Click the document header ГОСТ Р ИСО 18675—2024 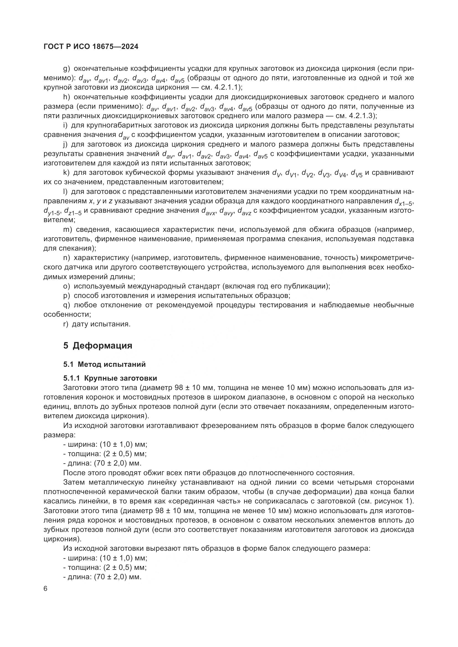pyautogui.click(x=91, y=47)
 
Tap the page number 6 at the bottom pyautogui.click(x=46, y=589)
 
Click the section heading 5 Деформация pyautogui.click(x=97, y=345)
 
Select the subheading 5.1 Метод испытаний pyautogui.click(x=104, y=364)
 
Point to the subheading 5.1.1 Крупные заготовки pyautogui.click(x=110, y=378)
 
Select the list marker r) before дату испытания pyautogui.click(x=66, y=324)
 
